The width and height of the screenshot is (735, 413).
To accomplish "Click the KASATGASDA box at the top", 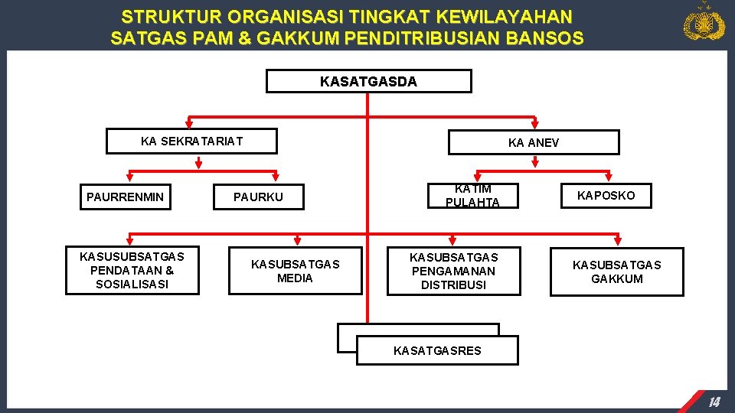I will pyautogui.click(x=368, y=81).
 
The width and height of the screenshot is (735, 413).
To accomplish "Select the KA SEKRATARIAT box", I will pyautogui.click(x=191, y=141).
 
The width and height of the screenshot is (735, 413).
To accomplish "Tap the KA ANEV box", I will pyautogui.click(x=533, y=143).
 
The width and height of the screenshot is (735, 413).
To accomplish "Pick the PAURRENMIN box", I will pyautogui.click(x=125, y=197).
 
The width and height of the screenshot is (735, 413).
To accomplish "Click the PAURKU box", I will pyautogui.click(x=258, y=197).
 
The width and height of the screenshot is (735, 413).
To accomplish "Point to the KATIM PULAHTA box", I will pyautogui.click(x=472, y=196).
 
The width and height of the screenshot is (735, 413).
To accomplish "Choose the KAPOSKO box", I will pyautogui.click(x=606, y=196).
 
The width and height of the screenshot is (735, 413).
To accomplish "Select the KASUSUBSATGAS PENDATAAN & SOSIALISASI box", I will pyautogui.click(x=132, y=271).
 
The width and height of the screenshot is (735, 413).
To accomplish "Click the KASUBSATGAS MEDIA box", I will pyautogui.click(x=295, y=271).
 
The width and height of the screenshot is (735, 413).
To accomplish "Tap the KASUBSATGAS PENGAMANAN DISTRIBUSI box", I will pyautogui.click(x=453, y=271).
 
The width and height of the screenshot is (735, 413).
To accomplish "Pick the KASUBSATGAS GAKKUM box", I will pyautogui.click(x=616, y=272).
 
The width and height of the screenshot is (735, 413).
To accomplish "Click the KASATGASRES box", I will pyautogui.click(x=437, y=350).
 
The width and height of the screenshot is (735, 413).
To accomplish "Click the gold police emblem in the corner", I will pyautogui.click(x=704, y=23).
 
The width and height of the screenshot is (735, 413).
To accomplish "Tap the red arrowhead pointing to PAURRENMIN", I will pyautogui.click(x=198, y=162).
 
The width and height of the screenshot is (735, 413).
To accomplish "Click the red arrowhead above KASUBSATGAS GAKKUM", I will pyautogui.click(x=618, y=238).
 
